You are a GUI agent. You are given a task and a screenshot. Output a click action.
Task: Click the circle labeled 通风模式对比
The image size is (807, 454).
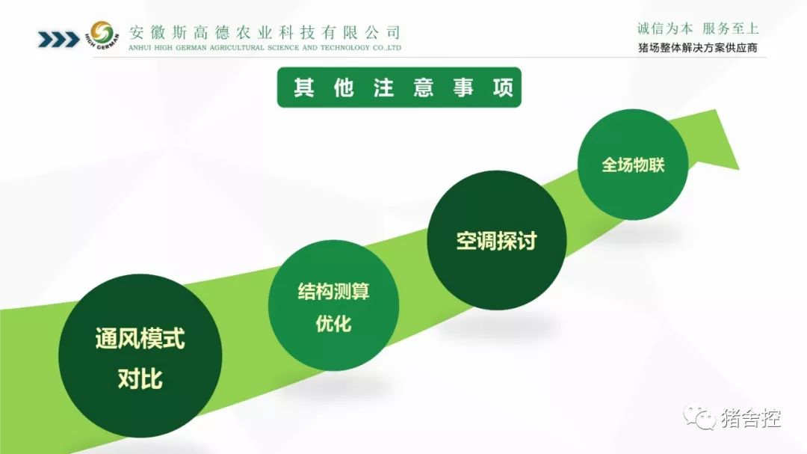point(140,355)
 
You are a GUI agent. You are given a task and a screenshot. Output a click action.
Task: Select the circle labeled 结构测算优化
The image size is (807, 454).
point(333,305)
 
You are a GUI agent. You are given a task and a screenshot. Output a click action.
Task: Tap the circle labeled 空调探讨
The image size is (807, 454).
point(497,240)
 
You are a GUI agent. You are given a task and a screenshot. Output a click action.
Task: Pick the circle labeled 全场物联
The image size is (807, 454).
point(633,165)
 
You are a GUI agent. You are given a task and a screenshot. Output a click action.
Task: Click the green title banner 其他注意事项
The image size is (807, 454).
point(399,87)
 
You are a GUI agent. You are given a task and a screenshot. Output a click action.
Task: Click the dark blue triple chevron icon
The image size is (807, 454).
point(59,39)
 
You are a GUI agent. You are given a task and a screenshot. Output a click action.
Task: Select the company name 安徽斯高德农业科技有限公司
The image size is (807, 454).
point(265,32)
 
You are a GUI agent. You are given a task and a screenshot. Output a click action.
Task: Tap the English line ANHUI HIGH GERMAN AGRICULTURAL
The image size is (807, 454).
point(265,47)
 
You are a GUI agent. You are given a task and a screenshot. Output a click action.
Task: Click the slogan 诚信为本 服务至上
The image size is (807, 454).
point(698,28)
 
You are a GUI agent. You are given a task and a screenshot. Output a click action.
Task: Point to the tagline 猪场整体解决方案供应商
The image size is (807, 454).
point(698,48)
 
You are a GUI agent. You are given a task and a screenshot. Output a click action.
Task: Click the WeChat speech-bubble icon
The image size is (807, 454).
point(699,417)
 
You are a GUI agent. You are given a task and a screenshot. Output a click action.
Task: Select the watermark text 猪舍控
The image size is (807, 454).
point(751,418)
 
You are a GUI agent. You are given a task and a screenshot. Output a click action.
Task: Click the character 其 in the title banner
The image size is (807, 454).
point(304,88)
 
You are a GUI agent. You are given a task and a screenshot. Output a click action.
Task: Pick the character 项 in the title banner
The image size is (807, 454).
point(503,88)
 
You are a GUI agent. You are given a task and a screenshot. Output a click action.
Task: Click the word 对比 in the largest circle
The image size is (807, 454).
point(140,378)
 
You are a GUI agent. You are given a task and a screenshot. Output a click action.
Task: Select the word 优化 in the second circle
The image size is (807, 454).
point(333,324)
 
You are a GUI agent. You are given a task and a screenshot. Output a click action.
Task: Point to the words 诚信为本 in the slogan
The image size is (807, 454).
point(665,28)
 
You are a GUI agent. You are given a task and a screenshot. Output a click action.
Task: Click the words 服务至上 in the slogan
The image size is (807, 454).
point(731,28)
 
